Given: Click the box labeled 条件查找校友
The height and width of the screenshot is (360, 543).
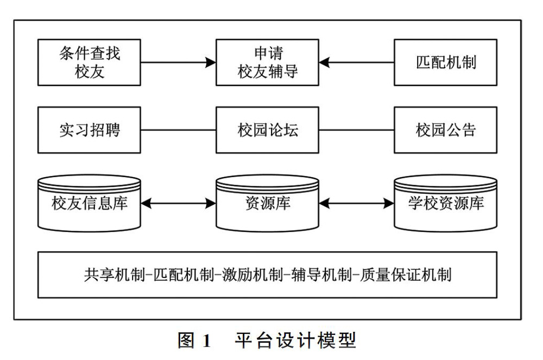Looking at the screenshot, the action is point(89,62).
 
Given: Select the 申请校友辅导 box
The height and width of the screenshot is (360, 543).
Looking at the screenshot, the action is point(267,62).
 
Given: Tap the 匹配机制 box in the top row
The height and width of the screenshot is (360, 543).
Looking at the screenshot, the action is point(446,62).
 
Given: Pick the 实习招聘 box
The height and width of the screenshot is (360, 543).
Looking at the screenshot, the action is point(89,130).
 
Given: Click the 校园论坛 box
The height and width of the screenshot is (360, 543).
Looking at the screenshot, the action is point(267,130).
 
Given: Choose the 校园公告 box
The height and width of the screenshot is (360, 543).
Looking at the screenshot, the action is point(446,130).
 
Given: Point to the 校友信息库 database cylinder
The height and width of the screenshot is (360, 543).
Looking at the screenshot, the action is point(89,203).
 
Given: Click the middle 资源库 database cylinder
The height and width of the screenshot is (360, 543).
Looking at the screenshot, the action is point(267,203).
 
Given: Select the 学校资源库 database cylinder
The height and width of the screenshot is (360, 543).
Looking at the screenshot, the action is point(446,203).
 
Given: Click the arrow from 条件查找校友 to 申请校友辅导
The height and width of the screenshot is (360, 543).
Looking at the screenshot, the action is point(178,62).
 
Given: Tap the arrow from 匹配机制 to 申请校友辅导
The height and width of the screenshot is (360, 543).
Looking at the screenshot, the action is point(356,62).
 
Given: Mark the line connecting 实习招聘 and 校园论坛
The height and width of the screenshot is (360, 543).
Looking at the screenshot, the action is point(178,130).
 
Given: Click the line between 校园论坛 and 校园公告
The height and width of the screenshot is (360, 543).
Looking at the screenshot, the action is point(356,130).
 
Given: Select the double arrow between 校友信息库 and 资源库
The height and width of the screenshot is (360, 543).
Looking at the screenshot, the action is point(178,204).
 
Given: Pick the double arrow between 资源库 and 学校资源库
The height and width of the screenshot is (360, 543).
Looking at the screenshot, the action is point(356,204).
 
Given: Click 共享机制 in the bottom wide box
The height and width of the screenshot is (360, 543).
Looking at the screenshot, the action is point(114,275).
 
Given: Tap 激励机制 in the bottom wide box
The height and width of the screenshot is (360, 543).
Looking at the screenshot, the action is point(252,275).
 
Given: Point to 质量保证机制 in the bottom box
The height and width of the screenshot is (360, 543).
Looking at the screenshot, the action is point(406,275).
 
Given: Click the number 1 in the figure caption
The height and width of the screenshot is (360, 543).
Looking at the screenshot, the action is point(207,340).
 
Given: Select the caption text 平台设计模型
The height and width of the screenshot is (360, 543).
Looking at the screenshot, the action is point(295,340).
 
